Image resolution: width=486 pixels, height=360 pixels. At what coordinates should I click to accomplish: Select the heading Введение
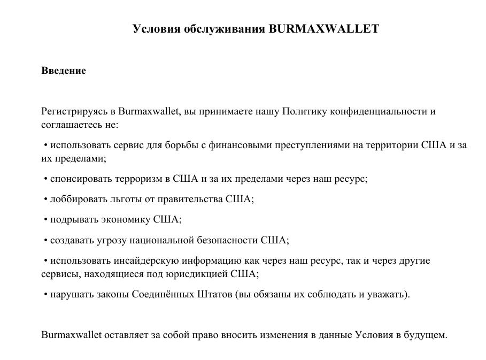[x=64, y=70]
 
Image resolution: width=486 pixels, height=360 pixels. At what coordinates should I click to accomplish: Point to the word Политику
[x=305, y=112]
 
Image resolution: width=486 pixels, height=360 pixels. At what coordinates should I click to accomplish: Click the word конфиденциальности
[x=379, y=112]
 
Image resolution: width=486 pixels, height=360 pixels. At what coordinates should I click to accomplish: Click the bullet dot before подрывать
[x=46, y=220]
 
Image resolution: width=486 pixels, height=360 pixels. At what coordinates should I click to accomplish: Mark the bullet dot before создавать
[x=46, y=240]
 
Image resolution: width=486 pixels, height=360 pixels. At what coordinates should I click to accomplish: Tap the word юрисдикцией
[x=202, y=273]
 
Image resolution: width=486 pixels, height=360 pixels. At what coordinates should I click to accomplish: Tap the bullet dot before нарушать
[x=46, y=294]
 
